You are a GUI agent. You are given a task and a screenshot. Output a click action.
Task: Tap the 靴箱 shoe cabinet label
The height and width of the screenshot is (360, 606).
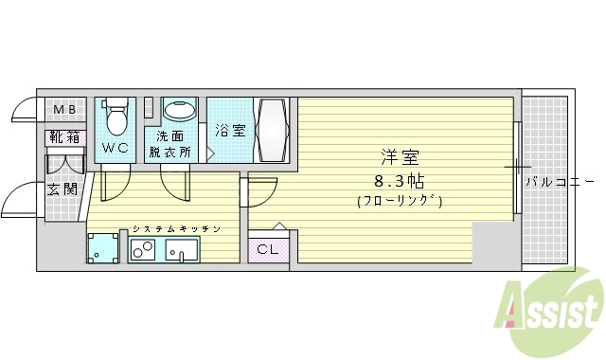tap(64, 137)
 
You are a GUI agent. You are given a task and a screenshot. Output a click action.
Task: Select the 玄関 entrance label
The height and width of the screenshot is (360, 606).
tap(62, 189)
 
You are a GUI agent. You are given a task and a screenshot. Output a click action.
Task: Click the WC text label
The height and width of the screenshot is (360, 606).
tap(116, 148)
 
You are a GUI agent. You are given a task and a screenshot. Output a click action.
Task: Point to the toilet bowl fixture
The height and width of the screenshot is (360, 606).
tap(116, 118)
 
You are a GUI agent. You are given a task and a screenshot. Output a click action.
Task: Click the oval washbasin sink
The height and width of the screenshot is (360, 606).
tap(179, 111)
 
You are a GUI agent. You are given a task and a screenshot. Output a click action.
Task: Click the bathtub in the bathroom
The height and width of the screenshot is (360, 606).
tap(275, 130)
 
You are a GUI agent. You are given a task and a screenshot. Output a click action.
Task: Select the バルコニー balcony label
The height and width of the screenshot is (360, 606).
tap(560, 180)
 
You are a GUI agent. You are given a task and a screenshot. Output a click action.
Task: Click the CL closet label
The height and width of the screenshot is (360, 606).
tap(267, 250)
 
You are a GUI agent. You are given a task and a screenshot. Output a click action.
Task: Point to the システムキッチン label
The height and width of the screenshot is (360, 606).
tap(176, 229)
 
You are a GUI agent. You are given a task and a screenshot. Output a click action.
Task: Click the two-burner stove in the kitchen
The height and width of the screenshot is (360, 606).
tap(144, 250)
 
